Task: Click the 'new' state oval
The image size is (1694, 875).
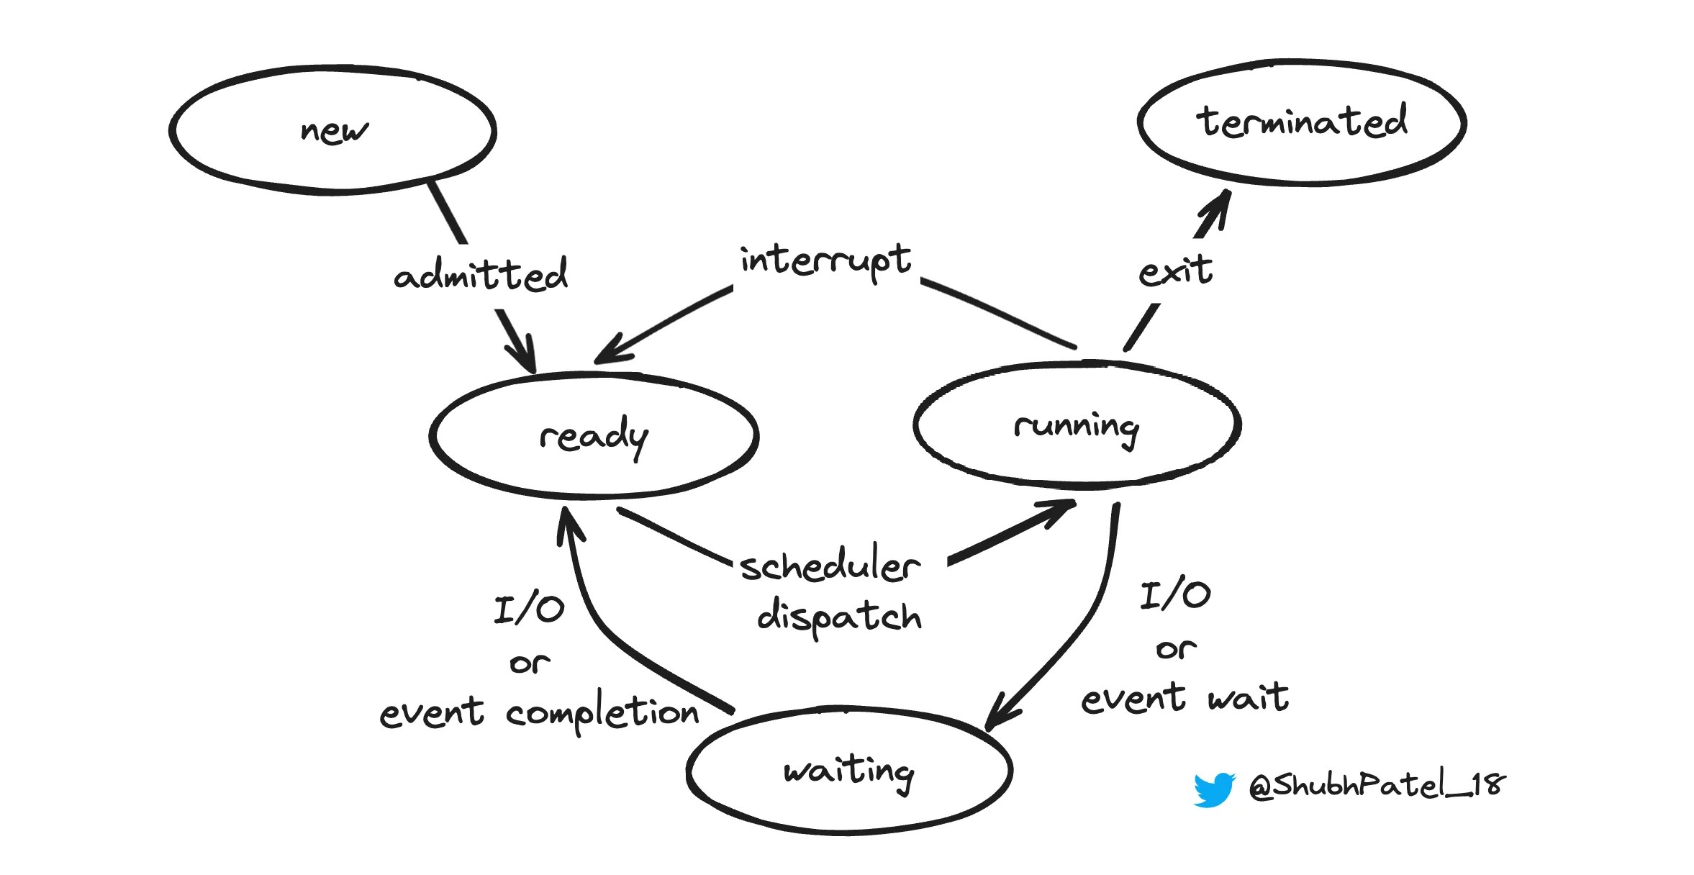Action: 332,131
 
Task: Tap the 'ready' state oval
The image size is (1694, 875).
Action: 594,435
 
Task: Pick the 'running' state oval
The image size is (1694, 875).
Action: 1077,426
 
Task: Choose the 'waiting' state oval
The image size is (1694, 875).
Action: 849,771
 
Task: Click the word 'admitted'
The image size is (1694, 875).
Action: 481,275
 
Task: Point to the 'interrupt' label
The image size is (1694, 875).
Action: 825,260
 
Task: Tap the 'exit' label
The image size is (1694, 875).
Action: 1175,272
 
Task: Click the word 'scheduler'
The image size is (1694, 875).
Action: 830,566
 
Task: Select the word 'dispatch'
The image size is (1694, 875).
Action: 839,617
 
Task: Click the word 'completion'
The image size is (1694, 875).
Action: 602,714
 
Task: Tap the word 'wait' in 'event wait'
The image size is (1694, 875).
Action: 1249,698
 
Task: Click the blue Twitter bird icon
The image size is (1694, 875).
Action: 1214,789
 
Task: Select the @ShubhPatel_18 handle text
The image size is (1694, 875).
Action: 1376,784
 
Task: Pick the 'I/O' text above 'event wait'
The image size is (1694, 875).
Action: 1175,596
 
